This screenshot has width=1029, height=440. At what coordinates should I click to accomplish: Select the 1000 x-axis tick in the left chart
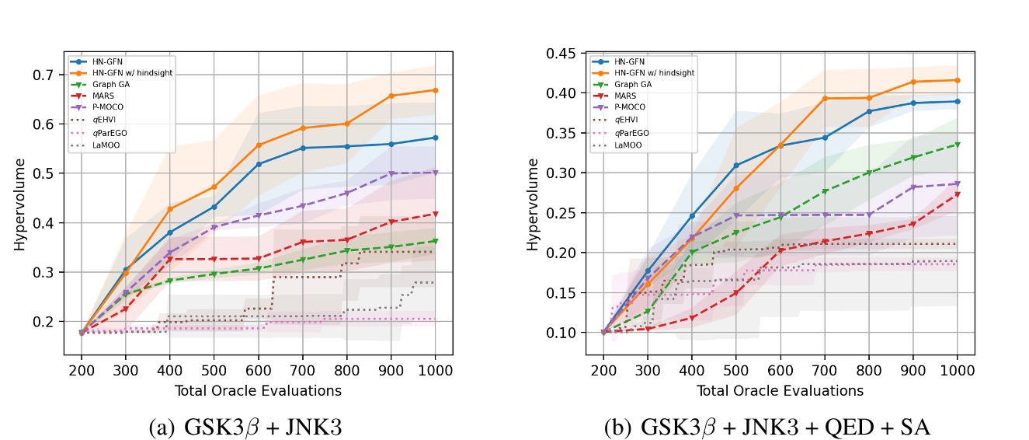tap(435, 372)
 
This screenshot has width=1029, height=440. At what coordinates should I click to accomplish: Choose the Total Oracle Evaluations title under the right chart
tap(780, 390)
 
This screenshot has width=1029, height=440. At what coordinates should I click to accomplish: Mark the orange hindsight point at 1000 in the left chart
tap(435, 90)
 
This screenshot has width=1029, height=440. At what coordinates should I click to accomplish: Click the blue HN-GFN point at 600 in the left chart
tap(258, 164)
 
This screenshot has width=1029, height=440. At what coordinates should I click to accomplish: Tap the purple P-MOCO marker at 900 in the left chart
tap(391, 174)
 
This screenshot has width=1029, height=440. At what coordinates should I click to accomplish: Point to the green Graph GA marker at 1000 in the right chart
tap(958, 145)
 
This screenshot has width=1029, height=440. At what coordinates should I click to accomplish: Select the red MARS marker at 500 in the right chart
tap(735, 293)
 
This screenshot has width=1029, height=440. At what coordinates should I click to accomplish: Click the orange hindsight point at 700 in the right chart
tap(825, 99)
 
